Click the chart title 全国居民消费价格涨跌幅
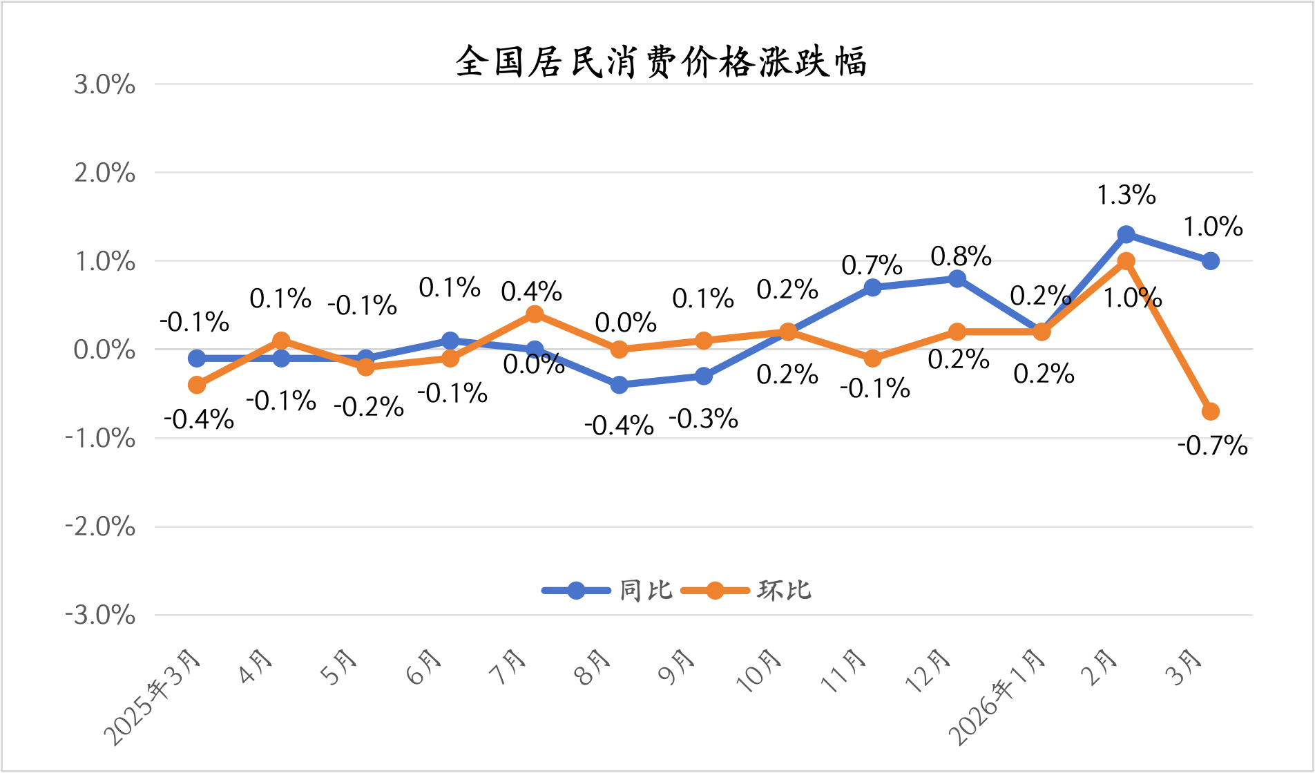pyautogui.click(x=660, y=62)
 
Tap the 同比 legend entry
pyautogui.click(x=608, y=591)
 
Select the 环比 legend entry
pyautogui.click(x=747, y=591)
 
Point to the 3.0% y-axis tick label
pyautogui.click(x=104, y=85)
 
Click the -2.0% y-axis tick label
pyautogui.click(x=100, y=527)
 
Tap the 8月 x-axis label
pyautogui.click(x=595, y=667)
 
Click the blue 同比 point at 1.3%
pyautogui.click(x=1126, y=234)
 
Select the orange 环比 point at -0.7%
pyautogui.click(x=1211, y=412)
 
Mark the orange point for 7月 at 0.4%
pyautogui.click(x=535, y=314)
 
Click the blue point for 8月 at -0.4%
pyautogui.click(x=620, y=385)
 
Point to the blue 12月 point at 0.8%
pyautogui.click(x=957, y=278)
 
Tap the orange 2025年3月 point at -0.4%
pyautogui.click(x=197, y=385)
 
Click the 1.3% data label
pyautogui.click(x=1126, y=195)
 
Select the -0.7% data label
pyautogui.click(x=1212, y=446)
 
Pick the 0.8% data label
pyautogui.click(x=961, y=256)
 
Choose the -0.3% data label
pyautogui.click(x=703, y=419)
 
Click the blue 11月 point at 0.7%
pyautogui.click(x=872, y=287)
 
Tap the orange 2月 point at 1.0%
pyautogui.click(x=1126, y=261)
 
